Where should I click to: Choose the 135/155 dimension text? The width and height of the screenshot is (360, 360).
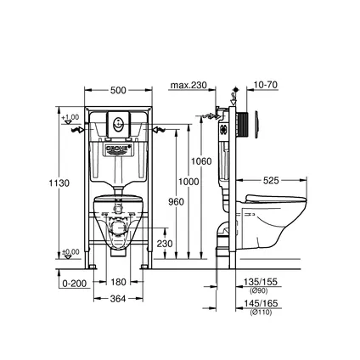pos(261,280)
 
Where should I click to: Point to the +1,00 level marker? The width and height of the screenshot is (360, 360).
pos(72,116)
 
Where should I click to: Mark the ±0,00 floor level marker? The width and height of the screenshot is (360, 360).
pos(72,251)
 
